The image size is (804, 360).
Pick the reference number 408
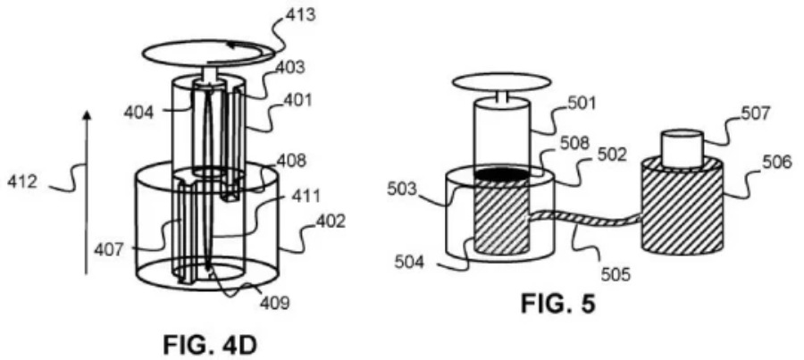click(x=291, y=161)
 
